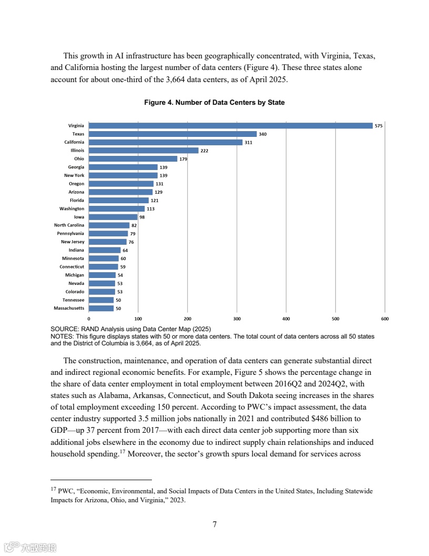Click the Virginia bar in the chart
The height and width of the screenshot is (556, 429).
[230, 126]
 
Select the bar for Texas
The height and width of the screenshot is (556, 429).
[172, 134]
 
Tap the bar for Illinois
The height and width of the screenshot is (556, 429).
[144, 151]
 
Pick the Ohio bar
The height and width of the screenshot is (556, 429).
[133, 159]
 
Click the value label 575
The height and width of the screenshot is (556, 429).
[379, 126]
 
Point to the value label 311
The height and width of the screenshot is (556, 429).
[249, 142]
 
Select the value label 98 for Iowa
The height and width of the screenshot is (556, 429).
[142, 217]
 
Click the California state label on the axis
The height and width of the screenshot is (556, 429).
[74, 142]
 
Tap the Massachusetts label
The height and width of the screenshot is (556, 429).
[69, 308]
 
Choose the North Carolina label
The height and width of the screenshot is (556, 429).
[69, 225]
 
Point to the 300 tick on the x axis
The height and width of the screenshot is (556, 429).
[237, 319]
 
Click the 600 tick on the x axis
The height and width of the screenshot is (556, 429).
[385, 319]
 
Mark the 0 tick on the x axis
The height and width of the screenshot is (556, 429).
[89, 319]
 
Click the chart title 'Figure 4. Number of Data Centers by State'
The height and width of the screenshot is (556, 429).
[214, 103]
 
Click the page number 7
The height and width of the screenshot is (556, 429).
[214, 524]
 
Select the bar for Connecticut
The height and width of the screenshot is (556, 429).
[104, 267]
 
